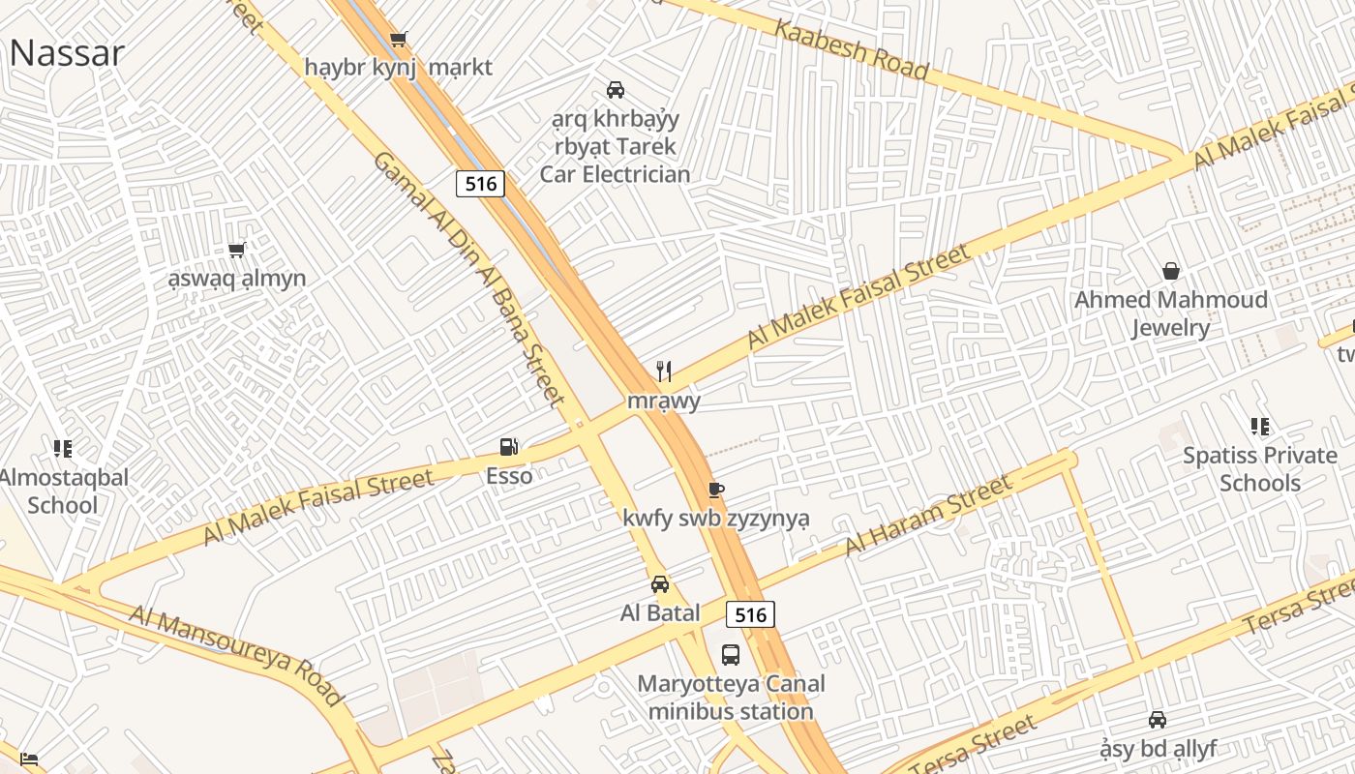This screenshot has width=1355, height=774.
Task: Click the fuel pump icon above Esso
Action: (509, 447)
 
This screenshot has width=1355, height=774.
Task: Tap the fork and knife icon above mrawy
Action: (664, 372)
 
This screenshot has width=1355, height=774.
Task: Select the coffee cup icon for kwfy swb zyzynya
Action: (715, 490)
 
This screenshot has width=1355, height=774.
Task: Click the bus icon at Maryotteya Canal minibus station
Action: (731, 655)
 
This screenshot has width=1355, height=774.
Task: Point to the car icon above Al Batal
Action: (660, 584)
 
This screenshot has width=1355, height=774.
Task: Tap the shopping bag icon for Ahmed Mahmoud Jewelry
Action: (1171, 271)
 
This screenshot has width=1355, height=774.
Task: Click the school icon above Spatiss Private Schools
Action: (1259, 426)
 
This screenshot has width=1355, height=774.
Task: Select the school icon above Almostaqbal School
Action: (63, 448)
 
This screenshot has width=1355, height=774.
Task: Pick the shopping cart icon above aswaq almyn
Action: (237, 251)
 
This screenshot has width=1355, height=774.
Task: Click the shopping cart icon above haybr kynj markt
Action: (398, 40)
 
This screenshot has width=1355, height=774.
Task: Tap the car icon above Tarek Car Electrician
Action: (615, 90)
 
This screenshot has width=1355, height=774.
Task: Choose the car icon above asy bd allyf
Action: (1158, 720)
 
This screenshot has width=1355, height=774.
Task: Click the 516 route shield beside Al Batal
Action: (750, 614)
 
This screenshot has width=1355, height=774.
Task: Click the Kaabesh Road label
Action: (852, 49)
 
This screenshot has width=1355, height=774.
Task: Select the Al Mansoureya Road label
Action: (236, 655)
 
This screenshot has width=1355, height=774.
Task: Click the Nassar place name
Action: (67, 52)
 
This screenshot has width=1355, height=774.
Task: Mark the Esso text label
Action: (509, 476)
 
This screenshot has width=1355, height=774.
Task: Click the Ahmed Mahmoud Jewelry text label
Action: (1171, 313)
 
